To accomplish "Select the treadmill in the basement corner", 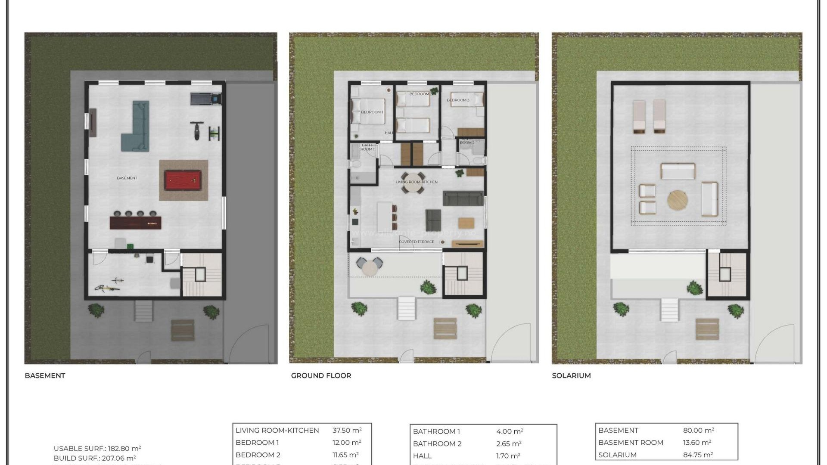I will pyautogui.click(x=206, y=99).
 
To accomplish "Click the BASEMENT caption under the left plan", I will pyautogui.click(x=45, y=375).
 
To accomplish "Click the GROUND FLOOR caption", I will pyautogui.click(x=321, y=375).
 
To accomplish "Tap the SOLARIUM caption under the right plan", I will pyautogui.click(x=571, y=375).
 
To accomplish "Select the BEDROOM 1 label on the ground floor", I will pyautogui.click(x=371, y=112).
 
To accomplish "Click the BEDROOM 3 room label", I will pyautogui.click(x=458, y=100).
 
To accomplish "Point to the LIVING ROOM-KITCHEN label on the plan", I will pyautogui.click(x=417, y=182).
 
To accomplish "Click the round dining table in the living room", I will pyautogui.click(x=413, y=182).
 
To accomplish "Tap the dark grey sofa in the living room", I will pyautogui.click(x=463, y=198).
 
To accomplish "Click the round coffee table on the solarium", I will pyautogui.click(x=678, y=200).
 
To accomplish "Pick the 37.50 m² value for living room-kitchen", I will pyautogui.click(x=347, y=430).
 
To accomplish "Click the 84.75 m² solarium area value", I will pyautogui.click(x=698, y=455).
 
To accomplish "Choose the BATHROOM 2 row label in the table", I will pyautogui.click(x=437, y=443).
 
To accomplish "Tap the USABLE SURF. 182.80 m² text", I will pyautogui.click(x=97, y=448).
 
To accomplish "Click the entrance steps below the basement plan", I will pyautogui.click(x=143, y=310).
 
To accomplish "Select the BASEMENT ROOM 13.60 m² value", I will pyautogui.click(x=697, y=443).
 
